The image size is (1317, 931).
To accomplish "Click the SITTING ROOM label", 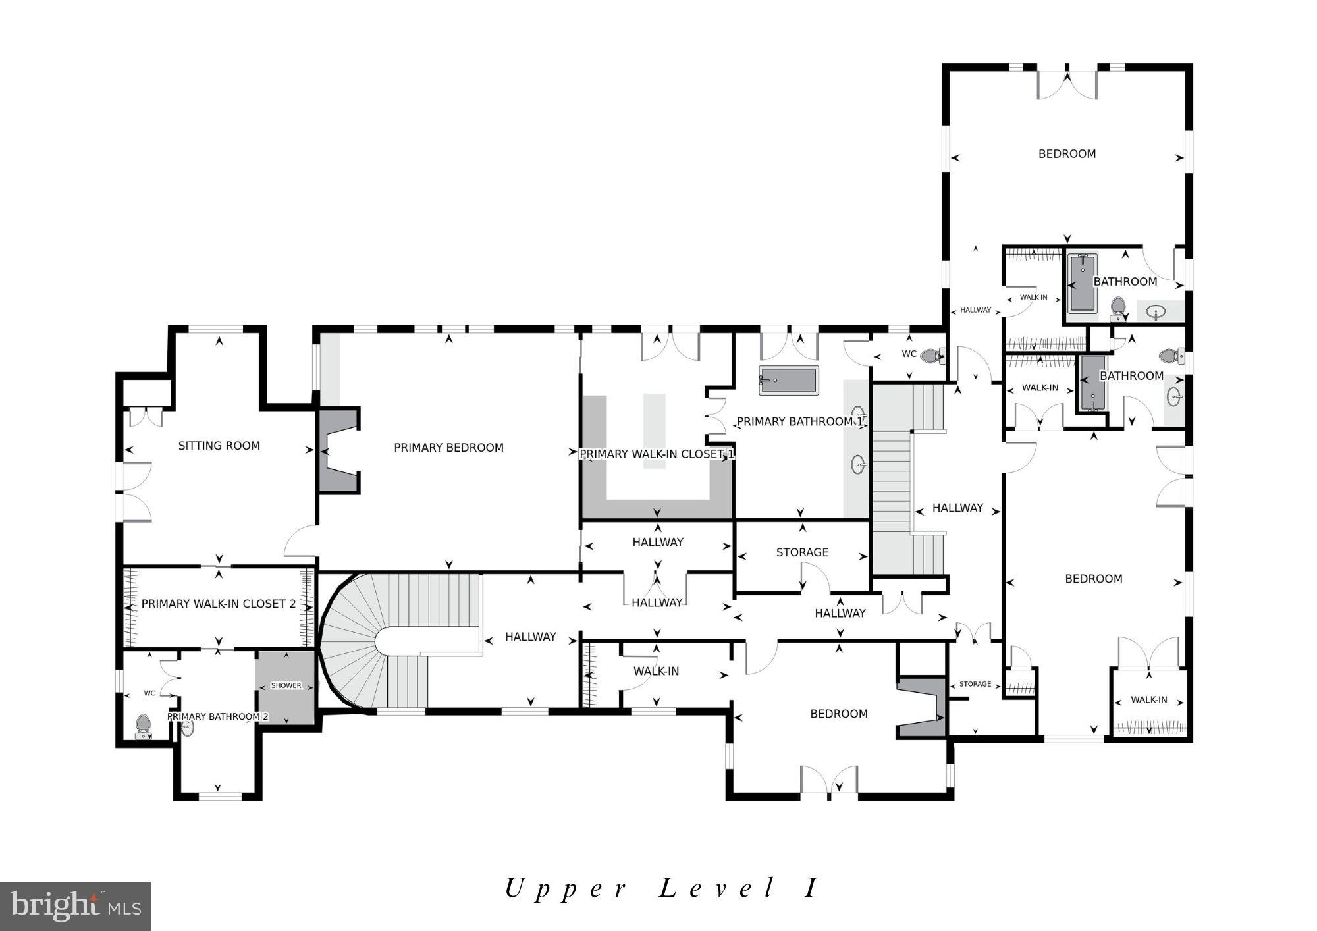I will [x=219, y=446].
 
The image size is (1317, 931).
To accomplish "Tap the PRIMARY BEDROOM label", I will [x=448, y=448].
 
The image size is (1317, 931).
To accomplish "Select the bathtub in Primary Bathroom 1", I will [x=788, y=381].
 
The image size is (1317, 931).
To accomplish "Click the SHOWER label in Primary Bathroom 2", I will [x=286, y=685].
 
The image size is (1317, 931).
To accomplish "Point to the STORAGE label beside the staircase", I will [x=802, y=552].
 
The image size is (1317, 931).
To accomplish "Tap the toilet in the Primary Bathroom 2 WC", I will [x=143, y=726].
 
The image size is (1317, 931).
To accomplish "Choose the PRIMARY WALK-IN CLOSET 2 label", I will [x=218, y=604].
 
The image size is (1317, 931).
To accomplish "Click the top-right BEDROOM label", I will [x=1067, y=154].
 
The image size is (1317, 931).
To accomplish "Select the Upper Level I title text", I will [x=661, y=888].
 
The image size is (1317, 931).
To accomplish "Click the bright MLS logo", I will [x=76, y=906].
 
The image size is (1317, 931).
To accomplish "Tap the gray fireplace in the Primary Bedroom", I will [x=337, y=450].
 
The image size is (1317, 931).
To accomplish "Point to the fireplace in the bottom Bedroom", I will [x=922, y=708].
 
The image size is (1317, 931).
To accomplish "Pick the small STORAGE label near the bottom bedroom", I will [x=975, y=684].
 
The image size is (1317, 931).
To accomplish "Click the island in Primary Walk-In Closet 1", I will [x=655, y=431].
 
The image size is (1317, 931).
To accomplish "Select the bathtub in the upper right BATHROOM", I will [x=1082, y=284].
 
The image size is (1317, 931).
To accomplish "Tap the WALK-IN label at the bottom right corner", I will [x=1148, y=700].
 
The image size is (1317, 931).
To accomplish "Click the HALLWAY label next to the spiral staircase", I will [x=530, y=637].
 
